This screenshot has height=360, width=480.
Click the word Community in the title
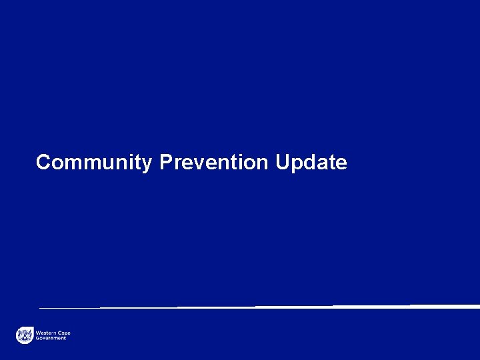[94, 163]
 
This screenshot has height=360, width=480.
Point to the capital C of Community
[43, 162]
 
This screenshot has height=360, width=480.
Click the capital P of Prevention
[166, 162]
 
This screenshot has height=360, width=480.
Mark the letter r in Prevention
[177, 164]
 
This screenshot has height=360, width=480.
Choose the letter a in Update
[321, 164]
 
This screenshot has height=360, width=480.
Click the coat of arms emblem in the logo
[25, 335]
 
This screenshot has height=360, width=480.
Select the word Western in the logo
[46, 332]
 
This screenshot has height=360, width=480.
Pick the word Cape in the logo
[64, 332]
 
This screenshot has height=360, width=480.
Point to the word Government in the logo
[51, 338]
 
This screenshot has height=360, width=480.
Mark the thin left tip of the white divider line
[41, 308]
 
